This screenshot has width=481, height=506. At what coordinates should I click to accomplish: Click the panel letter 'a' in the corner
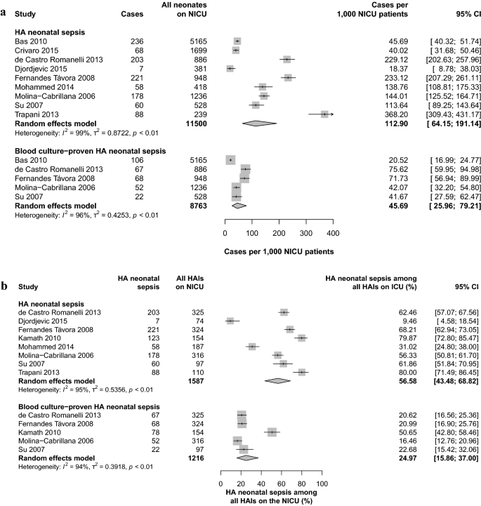pyautogui.click(x=5, y=4)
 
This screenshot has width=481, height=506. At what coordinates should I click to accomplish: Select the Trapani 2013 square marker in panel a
pyautogui.click(x=324, y=114)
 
